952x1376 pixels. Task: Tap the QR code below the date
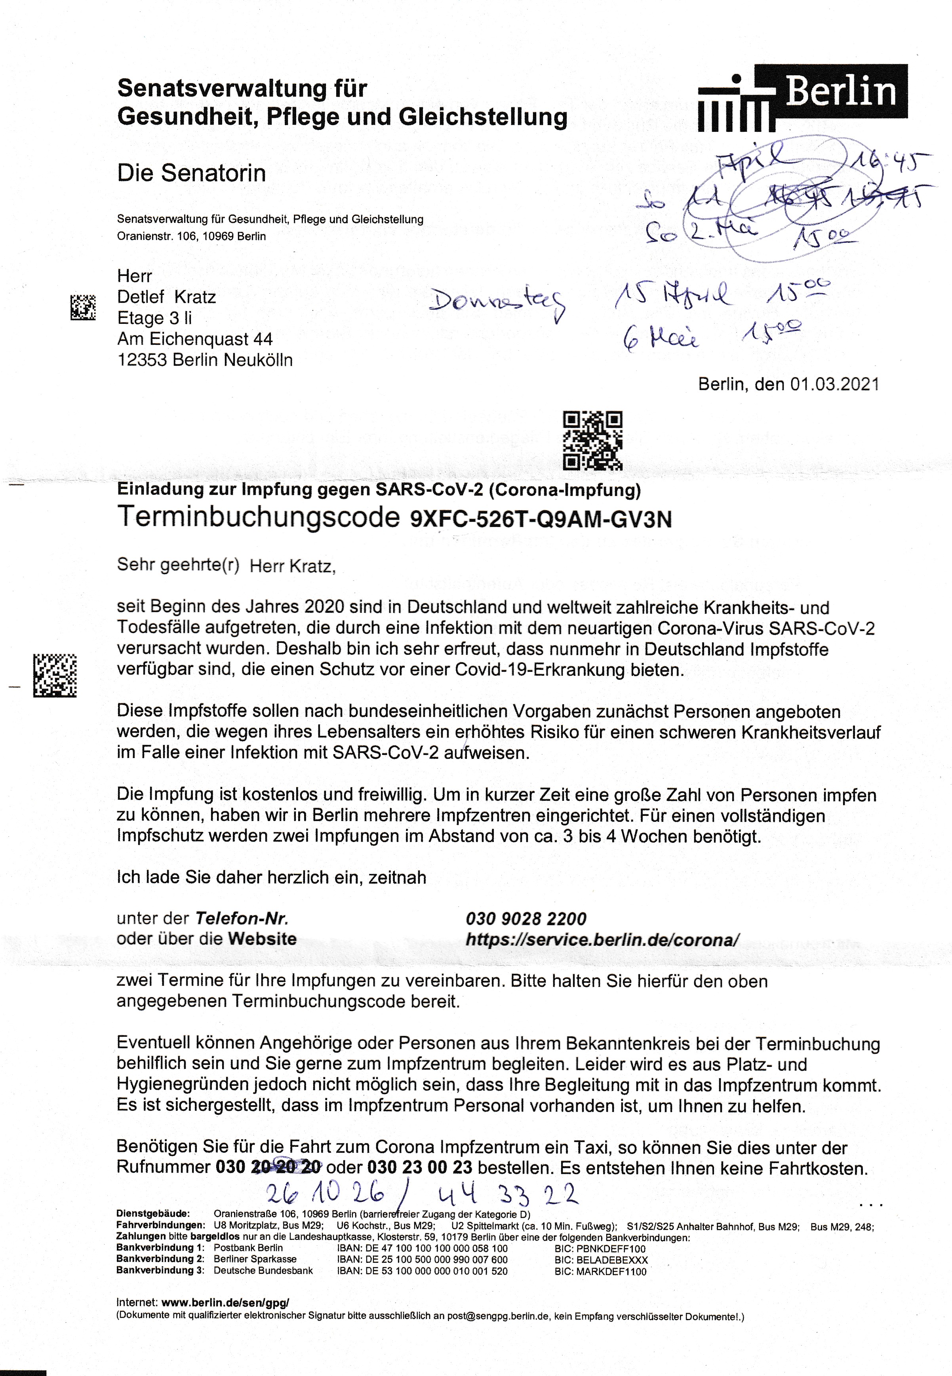coord(592,441)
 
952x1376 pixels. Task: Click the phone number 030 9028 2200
coord(526,919)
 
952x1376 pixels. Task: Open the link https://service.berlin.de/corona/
coord(602,940)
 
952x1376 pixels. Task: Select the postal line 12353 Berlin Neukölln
coord(205,360)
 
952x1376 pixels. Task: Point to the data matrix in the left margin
coord(55,675)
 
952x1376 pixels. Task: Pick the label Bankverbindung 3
coord(160,1270)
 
